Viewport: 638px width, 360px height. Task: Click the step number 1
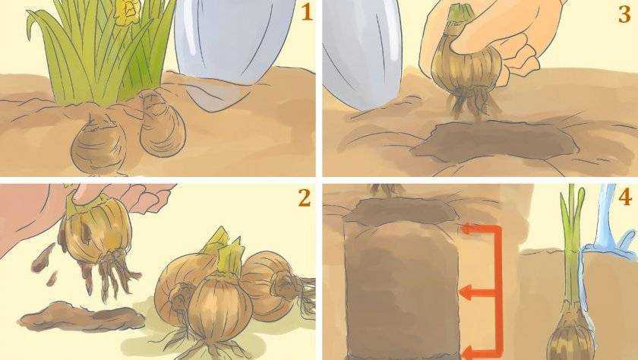point(306,14)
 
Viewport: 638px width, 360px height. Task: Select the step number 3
point(624,14)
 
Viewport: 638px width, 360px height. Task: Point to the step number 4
point(625,198)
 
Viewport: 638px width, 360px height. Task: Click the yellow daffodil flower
point(127,11)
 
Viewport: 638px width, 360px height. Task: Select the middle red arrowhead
point(466,292)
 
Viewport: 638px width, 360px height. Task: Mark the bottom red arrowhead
point(468,352)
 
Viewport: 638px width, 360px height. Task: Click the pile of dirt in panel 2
point(81,315)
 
